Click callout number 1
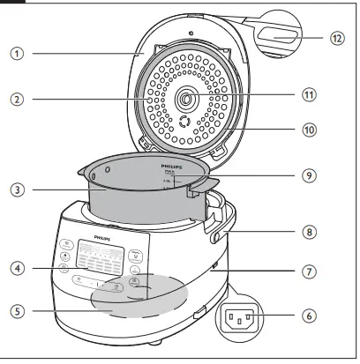(17, 53)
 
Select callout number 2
(17, 100)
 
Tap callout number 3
(17, 189)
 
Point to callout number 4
(17, 267)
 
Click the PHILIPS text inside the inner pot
(173, 165)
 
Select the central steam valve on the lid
(186, 95)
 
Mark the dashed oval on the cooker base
(148, 295)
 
